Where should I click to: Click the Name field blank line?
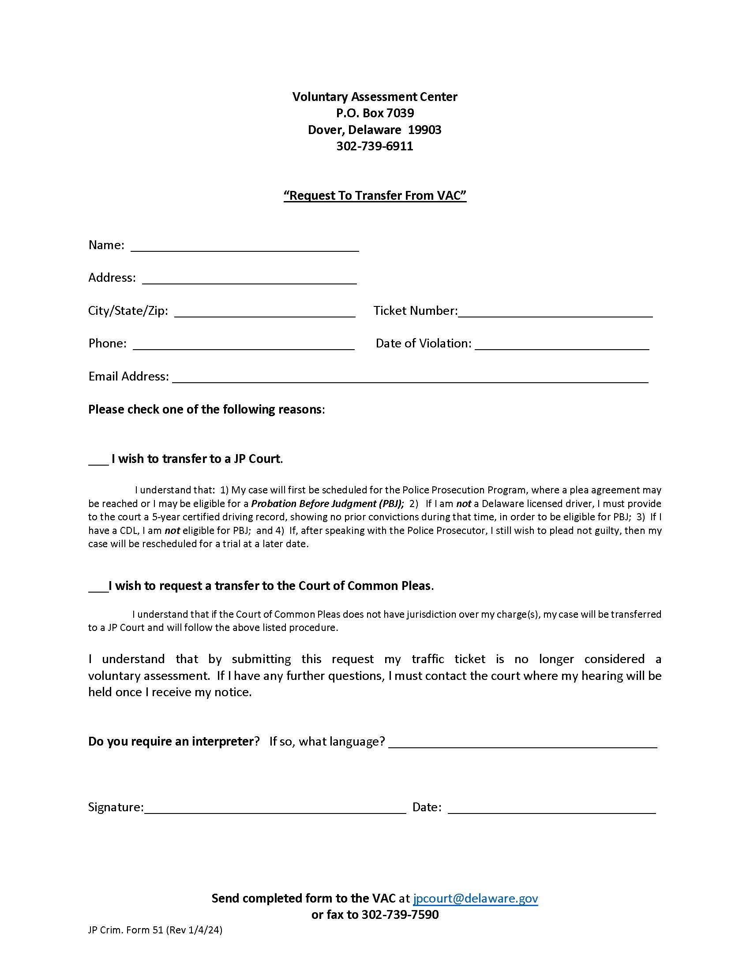pyautogui.click(x=244, y=247)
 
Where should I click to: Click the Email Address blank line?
pyautogui.click(x=410, y=378)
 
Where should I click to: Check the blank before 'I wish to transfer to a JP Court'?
pyautogui.click(x=98, y=460)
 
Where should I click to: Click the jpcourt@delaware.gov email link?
pyautogui.click(x=475, y=898)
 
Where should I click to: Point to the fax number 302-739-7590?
pyautogui.click(x=400, y=914)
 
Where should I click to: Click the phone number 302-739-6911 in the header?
pyautogui.click(x=375, y=146)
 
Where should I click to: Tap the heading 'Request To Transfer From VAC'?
pyautogui.click(x=375, y=195)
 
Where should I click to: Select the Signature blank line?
pyautogui.click(x=275, y=808)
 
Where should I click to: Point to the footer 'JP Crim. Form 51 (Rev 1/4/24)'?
pyautogui.click(x=155, y=929)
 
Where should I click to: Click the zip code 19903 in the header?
pyautogui.click(x=424, y=130)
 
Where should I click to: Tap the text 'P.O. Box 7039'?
pyautogui.click(x=375, y=113)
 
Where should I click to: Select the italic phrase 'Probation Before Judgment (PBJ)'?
pyautogui.click(x=327, y=504)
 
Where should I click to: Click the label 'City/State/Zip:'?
pyautogui.click(x=128, y=310)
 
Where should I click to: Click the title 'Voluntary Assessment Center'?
pyautogui.click(x=375, y=97)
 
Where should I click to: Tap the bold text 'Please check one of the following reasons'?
pyautogui.click(x=205, y=409)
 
